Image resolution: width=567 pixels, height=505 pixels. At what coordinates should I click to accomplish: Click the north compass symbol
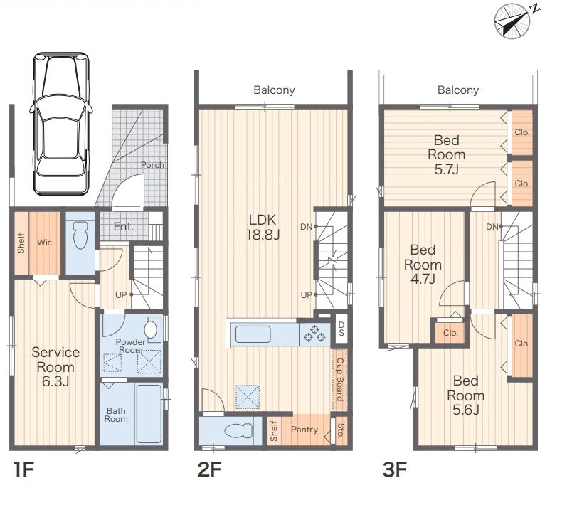click(x=513, y=21)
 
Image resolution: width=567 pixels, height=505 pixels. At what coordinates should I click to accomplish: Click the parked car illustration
click(x=60, y=124)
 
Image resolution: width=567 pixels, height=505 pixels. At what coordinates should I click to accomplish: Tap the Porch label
click(x=152, y=165)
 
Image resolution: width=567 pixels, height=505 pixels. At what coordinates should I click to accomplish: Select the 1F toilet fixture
click(x=80, y=235)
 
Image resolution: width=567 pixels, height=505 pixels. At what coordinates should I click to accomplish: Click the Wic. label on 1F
click(x=46, y=243)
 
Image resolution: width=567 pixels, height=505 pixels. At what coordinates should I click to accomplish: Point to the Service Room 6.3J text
click(x=55, y=366)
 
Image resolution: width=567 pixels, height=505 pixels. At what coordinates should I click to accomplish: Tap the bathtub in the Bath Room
click(x=149, y=413)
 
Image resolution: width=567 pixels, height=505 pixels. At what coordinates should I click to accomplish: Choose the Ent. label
click(x=124, y=227)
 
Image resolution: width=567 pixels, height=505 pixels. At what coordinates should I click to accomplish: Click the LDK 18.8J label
click(x=263, y=227)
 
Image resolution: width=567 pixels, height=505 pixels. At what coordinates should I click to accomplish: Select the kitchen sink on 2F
click(x=253, y=334)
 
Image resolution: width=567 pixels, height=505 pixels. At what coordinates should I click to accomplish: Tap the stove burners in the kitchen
click(x=314, y=334)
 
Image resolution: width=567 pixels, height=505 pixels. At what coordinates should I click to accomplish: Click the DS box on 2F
click(x=341, y=329)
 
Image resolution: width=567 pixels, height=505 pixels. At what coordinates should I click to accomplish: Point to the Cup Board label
click(x=339, y=380)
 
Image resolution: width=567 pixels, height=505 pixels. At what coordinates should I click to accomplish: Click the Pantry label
click(x=304, y=430)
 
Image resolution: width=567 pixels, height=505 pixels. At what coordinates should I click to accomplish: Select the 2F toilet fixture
click(x=238, y=430)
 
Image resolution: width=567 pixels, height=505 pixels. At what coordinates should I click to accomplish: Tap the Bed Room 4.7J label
click(x=423, y=265)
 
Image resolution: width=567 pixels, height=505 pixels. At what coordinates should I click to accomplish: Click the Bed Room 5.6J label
click(x=466, y=395)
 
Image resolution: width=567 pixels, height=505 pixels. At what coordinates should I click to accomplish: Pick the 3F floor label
click(x=395, y=469)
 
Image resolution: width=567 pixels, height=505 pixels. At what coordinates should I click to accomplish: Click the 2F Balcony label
click(x=274, y=90)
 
